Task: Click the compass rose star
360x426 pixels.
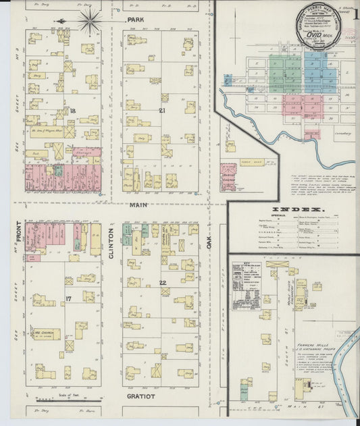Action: (88, 22)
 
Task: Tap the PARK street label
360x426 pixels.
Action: (136, 21)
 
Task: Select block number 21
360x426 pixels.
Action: (162, 110)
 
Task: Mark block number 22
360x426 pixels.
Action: (162, 282)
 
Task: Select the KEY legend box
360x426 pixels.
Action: (246, 284)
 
